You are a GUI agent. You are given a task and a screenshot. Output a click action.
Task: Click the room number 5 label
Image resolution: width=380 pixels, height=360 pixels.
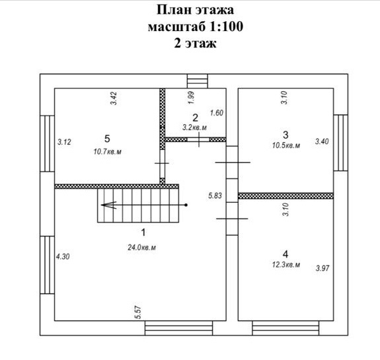(x=107, y=139)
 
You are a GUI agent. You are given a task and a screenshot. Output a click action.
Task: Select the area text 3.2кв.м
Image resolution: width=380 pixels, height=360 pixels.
(x=194, y=127)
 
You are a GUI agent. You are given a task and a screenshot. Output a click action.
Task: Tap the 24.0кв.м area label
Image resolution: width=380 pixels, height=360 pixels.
(x=142, y=247)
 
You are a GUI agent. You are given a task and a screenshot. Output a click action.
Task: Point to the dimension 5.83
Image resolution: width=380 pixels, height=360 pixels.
(x=215, y=196)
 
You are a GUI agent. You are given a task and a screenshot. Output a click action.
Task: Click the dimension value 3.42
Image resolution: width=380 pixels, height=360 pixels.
(x=114, y=98)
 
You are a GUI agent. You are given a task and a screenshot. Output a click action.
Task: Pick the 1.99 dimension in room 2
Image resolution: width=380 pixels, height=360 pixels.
(x=191, y=98)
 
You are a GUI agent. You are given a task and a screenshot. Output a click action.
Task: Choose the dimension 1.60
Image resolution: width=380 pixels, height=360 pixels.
(x=217, y=113)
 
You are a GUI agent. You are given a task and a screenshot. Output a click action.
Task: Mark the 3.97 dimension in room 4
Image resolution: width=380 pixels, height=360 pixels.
(x=323, y=268)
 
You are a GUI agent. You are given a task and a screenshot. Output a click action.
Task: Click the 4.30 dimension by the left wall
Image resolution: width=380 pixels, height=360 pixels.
(x=63, y=256)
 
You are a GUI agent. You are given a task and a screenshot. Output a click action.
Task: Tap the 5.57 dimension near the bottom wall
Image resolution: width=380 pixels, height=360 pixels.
(x=137, y=312)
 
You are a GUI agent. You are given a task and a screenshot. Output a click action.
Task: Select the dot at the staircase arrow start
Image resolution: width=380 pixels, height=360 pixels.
(x=186, y=205)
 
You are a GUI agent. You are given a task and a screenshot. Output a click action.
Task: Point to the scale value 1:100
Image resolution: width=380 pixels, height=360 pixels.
(x=226, y=26)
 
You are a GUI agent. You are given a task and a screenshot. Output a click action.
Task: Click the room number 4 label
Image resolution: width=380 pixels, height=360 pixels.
(x=285, y=254)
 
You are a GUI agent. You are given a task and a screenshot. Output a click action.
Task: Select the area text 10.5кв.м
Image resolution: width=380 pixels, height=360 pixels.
(x=286, y=145)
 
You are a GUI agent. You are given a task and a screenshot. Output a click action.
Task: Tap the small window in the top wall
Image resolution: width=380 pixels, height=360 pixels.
(x=198, y=81)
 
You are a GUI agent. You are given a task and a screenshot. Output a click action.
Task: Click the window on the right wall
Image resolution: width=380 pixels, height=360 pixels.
(x=341, y=143)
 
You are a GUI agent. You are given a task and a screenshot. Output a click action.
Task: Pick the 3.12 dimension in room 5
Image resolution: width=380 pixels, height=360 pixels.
(x=64, y=142)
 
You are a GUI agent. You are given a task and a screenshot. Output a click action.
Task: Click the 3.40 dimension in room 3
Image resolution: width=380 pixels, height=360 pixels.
(x=322, y=141)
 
